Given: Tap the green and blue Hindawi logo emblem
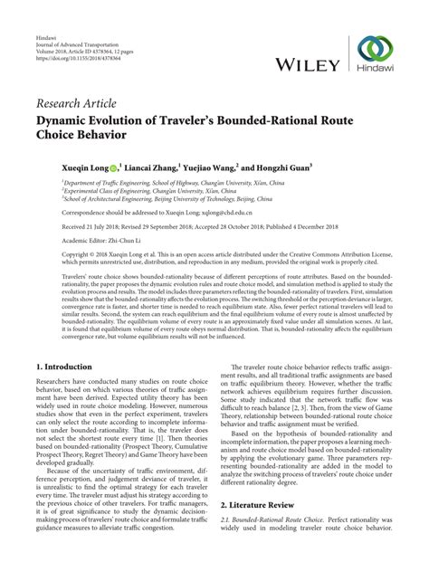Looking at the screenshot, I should pyautogui.click(x=376, y=52).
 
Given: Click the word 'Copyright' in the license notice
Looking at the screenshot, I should pyautogui.click(x=51, y=256).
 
